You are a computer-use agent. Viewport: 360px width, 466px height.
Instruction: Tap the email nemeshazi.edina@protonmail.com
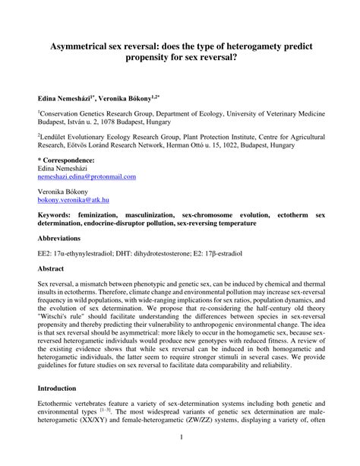pyautogui.click(x=87, y=176)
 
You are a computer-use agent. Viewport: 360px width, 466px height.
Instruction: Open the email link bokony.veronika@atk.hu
pyautogui.click(x=74, y=199)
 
